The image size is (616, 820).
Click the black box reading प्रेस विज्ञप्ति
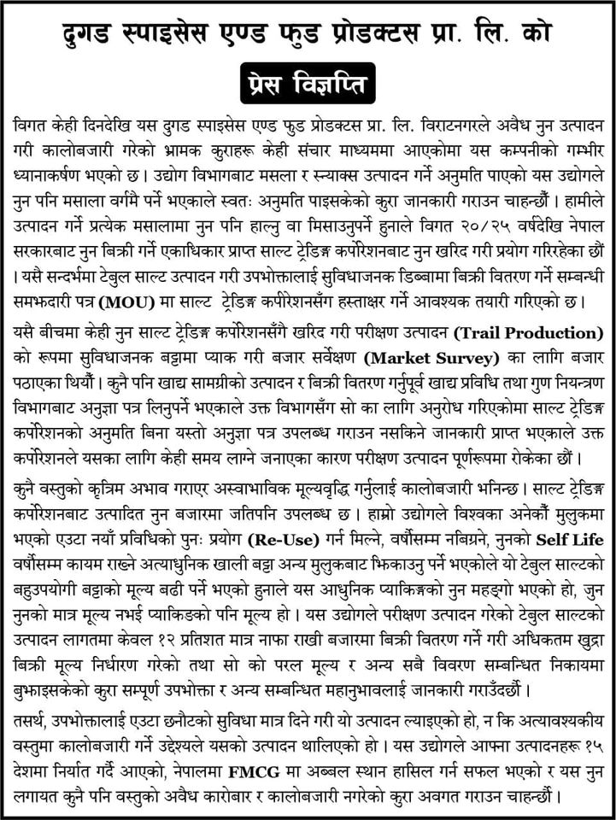(308, 85)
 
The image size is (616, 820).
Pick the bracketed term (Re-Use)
(279, 540)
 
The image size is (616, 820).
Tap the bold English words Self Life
(571, 540)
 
